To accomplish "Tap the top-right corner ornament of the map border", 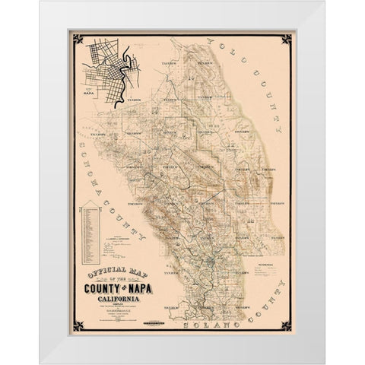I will pyautogui.click(x=285, y=38).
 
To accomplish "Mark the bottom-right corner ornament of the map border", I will pyautogui.click(x=285, y=326).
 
